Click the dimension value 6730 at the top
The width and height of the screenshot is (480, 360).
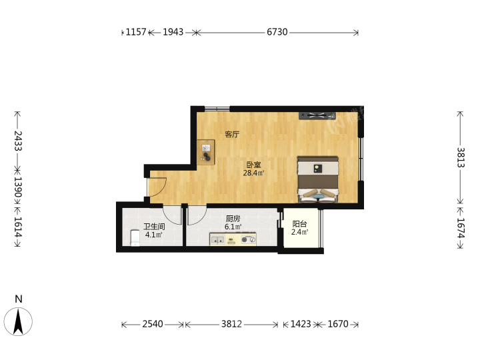click(x=277, y=32)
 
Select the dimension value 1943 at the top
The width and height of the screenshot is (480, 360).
click(x=173, y=32)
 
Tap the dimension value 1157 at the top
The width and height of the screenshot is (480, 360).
click(x=136, y=32)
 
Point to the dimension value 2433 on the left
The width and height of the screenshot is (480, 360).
click(x=18, y=141)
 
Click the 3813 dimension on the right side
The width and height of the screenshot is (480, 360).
click(x=461, y=157)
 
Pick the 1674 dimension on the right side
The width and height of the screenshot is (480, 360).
click(x=461, y=228)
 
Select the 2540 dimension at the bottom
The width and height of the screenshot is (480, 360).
click(x=153, y=324)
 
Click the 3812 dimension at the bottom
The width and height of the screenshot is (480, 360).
click(x=232, y=324)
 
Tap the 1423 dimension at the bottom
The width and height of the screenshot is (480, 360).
click(x=301, y=324)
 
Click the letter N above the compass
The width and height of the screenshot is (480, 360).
click(x=19, y=299)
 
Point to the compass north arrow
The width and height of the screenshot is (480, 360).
click(x=18, y=322)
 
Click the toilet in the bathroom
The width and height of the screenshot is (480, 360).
click(x=135, y=238)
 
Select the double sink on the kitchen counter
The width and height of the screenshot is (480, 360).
click(x=217, y=240)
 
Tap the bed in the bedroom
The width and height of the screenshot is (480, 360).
click(x=318, y=180)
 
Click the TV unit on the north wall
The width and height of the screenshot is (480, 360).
click(x=317, y=115)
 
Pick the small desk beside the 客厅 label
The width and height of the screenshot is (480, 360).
click(x=206, y=153)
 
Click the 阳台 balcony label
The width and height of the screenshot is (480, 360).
click(x=299, y=224)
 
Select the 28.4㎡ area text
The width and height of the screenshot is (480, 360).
click(x=253, y=173)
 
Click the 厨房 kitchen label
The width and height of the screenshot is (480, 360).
click(x=233, y=219)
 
